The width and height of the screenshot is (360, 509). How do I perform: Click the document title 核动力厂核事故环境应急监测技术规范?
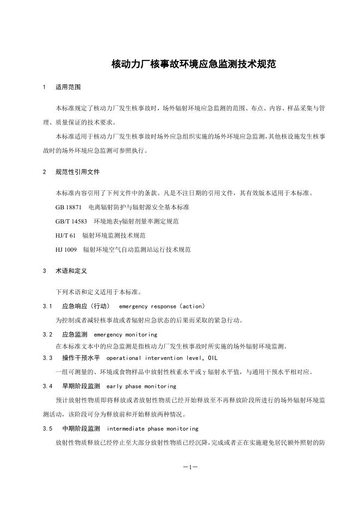(x=194, y=64)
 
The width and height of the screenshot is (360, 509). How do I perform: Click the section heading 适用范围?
(x=68, y=87)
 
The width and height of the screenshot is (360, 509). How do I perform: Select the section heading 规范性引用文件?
(x=77, y=172)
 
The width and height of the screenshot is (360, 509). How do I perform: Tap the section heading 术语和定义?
(x=71, y=271)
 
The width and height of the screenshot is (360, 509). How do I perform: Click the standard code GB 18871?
(x=69, y=207)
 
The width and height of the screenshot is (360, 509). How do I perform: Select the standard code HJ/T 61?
(x=65, y=235)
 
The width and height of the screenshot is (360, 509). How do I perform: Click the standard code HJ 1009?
(x=66, y=250)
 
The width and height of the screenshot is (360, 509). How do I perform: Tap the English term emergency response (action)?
(x=162, y=306)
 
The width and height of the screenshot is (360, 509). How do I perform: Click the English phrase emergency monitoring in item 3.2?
(x=126, y=334)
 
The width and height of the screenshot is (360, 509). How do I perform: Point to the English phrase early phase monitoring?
(x=141, y=386)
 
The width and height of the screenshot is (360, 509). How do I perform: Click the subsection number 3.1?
(x=47, y=306)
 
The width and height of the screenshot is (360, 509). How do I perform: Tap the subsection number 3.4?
(x=47, y=386)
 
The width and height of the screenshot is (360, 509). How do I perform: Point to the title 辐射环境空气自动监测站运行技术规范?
(x=136, y=250)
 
